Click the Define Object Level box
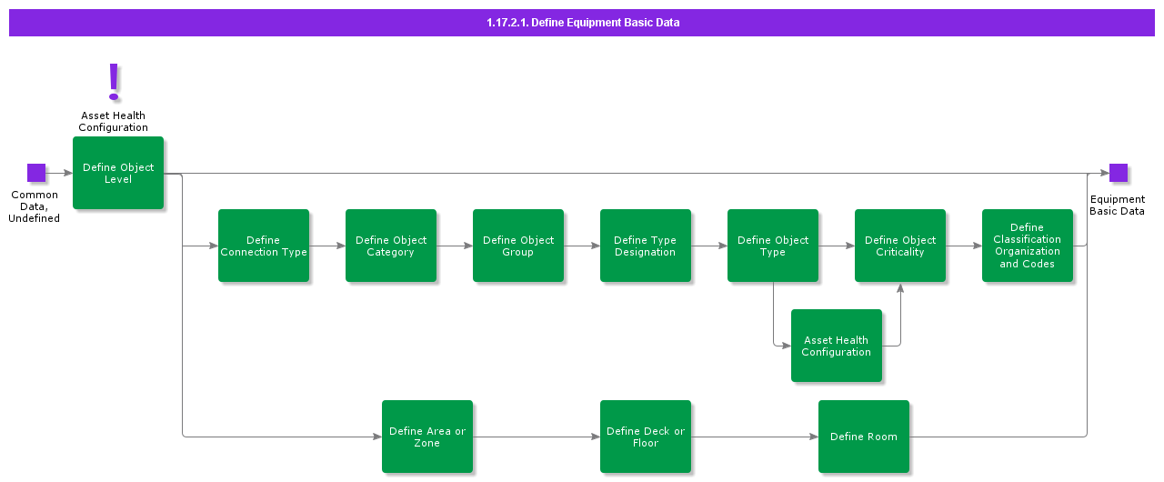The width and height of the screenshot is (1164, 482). click(x=118, y=173)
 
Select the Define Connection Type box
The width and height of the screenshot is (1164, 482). click(x=264, y=246)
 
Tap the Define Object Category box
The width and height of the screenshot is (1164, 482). click(x=391, y=246)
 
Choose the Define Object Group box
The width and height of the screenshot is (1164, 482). click(x=518, y=246)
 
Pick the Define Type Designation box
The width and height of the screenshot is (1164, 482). click(x=646, y=246)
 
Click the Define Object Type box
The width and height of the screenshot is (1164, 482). click(x=773, y=246)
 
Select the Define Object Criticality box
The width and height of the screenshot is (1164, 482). click(x=900, y=246)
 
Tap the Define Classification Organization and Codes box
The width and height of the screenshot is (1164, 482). click(x=1028, y=246)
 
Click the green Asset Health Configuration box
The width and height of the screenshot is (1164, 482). click(x=837, y=346)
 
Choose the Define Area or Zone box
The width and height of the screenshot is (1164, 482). click(x=427, y=437)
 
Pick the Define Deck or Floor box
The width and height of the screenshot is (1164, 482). click(x=646, y=437)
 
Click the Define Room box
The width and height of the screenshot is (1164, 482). click(x=864, y=437)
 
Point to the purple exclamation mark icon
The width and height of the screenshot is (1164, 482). click(x=114, y=82)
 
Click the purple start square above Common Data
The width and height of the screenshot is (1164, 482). click(x=36, y=173)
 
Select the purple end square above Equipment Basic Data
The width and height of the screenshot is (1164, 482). click(x=1119, y=173)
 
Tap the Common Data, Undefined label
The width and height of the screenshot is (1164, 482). click(x=35, y=206)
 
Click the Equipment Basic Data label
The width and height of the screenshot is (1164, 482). click(x=1117, y=206)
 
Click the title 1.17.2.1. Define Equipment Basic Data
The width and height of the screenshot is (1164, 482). click(x=582, y=23)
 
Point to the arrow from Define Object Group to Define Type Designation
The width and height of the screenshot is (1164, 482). click(x=582, y=246)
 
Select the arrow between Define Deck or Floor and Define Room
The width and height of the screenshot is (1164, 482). click(x=755, y=437)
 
